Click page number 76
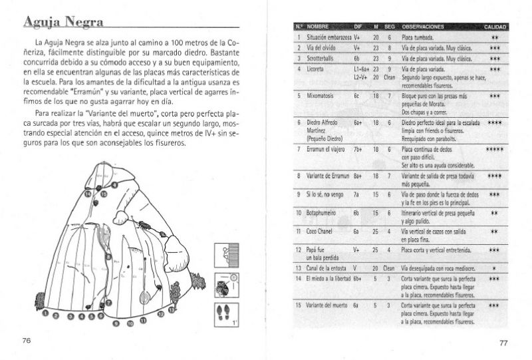click(x=27, y=340)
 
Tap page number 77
click(x=503, y=343)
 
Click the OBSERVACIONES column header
click(x=424, y=27)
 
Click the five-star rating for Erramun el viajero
click(x=494, y=149)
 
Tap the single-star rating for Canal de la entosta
click(x=494, y=268)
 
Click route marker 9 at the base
click(x=117, y=323)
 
